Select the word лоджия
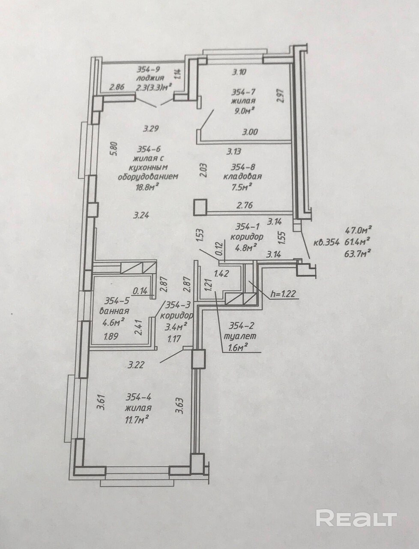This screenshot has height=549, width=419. coord(147,78)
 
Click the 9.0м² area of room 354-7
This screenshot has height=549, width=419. coord(243,110)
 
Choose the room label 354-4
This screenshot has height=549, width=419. coord(138,398)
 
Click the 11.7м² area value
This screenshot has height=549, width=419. coord(137,417)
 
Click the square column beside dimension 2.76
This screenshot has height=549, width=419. coord(200,207)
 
